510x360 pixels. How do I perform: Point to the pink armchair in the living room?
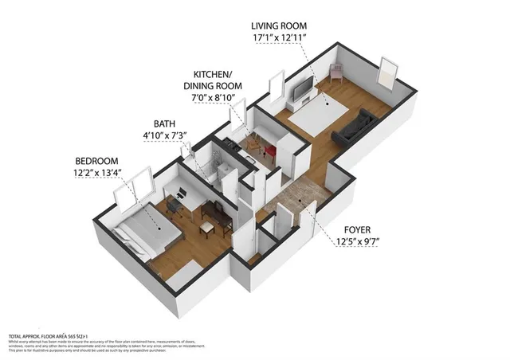(x=335, y=73)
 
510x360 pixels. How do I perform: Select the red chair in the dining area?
(x=269, y=150)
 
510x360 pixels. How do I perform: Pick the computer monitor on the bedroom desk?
(x=182, y=192)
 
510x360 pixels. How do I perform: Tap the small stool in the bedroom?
(x=206, y=228)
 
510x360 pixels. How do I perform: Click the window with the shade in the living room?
(x=388, y=72)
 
